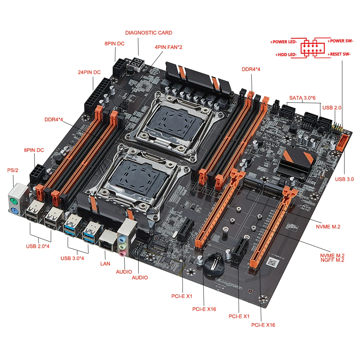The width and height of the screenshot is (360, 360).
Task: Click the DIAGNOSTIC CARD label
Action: [x=149, y=33]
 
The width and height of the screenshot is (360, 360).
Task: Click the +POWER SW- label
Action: [x=340, y=41]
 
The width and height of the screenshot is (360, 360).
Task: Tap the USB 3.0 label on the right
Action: [x=345, y=179]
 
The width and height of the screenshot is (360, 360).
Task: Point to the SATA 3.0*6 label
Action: [x=302, y=98]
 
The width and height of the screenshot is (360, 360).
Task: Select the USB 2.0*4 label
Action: [x=38, y=247]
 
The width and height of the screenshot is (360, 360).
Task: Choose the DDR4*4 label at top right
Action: [x=251, y=69]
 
